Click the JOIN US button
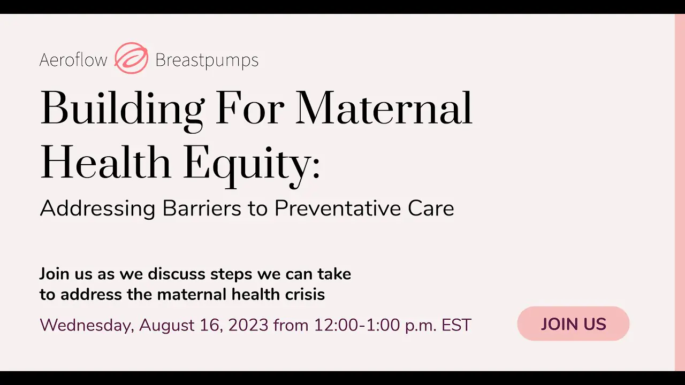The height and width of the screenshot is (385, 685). click(573, 324)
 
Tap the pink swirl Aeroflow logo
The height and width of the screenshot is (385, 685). click(132, 58)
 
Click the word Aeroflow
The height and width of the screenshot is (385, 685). click(73, 59)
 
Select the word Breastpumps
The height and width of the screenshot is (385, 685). click(207, 60)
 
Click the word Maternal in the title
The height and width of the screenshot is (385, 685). click(384, 108)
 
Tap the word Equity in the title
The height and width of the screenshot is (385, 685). click(247, 166)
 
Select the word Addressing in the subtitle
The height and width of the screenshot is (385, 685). click(97, 209)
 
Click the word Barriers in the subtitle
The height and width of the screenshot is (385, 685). click(202, 208)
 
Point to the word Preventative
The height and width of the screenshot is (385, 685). click(337, 208)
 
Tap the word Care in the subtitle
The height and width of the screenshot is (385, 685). click(431, 208)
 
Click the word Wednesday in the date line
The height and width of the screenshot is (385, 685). click(87, 325)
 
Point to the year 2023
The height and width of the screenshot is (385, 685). click(248, 325)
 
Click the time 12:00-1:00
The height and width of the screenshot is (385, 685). click(357, 325)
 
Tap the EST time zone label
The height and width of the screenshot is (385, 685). click(456, 325)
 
